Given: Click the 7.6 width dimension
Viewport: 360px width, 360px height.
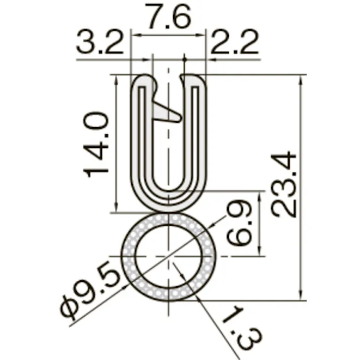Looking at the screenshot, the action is [x=170, y=16].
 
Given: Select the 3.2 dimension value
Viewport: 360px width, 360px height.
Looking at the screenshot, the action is [x=100, y=42].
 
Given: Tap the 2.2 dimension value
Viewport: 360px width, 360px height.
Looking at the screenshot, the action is [x=235, y=42].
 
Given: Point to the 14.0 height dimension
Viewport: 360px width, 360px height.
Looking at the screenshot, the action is [x=96, y=144].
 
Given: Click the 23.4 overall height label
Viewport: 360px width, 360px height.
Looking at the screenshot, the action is [x=284, y=184].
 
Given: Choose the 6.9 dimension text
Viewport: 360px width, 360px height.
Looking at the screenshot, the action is [x=239, y=223].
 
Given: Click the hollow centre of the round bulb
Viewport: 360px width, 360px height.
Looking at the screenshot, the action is [x=169, y=256].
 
